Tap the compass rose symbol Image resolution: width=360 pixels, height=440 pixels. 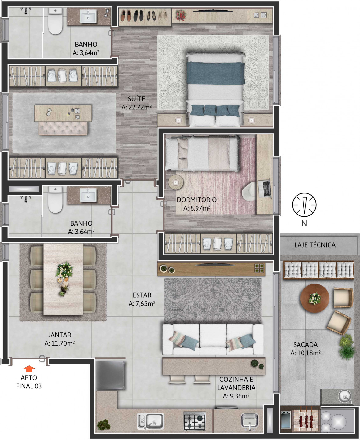pos(304,204)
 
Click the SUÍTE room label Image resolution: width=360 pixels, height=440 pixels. pos(137,99)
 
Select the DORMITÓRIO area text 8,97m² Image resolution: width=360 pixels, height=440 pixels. pos(197,208)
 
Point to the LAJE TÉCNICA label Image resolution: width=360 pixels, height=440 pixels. pos(315,245)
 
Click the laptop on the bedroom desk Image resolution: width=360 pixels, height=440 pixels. pos(265,189)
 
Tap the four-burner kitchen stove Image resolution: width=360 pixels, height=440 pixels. pos(195,421)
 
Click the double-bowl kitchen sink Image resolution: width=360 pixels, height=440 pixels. pos(150,421)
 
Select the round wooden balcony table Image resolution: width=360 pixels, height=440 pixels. pos(315,298)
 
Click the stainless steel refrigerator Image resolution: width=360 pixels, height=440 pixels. pos(110,375)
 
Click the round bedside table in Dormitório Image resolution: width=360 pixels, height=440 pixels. pos(176,182)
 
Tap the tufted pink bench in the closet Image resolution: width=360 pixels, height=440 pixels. pos(63,128)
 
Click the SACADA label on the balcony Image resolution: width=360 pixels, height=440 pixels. pos(306,344)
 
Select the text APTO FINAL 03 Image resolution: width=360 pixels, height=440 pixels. pos(29,382)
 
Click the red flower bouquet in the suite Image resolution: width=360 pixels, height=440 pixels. pos(181,15)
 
